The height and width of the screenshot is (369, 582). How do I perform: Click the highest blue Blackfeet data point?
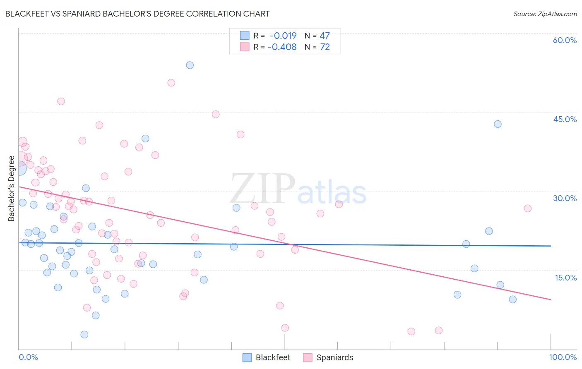pyautogui.click(x=190, y=65)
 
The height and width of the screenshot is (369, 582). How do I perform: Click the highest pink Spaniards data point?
pyautogui.click(x=171, y=83)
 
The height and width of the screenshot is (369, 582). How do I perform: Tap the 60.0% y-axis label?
pyautogui.click(x=565, y=40)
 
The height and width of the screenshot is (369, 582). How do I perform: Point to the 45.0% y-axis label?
pyautogui.click(x=565, y=119)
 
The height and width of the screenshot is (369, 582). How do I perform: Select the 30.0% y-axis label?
pyautogui.click(x=565, y=198)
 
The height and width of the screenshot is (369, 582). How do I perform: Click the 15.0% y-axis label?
pyautogui.click(x=565, y=278)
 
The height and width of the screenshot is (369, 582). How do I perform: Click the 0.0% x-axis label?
pyautogui.click(x=28, y=357)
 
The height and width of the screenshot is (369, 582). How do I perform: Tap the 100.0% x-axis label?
pyautogui.click(x=563, y=357)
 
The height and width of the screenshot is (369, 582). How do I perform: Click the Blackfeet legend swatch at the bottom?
pyautogui.click(x=247, y=357)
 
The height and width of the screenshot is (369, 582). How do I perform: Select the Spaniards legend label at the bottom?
pyautogui.click(x=334, y=357)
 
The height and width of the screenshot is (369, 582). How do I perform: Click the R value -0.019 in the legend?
pyautogui.click(x=283, y=36)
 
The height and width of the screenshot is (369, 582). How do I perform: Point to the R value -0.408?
pyautogui.click(x=282, y=47)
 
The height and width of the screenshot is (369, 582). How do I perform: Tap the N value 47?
pyautogui.click(x=325, y=36)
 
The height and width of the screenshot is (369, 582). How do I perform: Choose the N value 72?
pyautogui.click(x=325, y=47)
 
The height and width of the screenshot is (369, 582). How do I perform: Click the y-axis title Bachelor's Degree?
pyautogui.click(x=12, y=189)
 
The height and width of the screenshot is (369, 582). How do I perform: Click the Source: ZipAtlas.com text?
pyautogui.click(x=545, y=14)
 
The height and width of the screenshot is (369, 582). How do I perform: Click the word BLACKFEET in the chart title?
pyautogui.click(x=28, y=14)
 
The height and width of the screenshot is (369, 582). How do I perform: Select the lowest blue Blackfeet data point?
pyautogui.click(x=84, y=335)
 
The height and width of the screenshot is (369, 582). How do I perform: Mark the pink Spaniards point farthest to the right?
pyautogui.click(x=527, y=208)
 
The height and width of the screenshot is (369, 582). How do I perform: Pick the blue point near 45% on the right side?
pyautogui.click(x=498, y=124)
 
